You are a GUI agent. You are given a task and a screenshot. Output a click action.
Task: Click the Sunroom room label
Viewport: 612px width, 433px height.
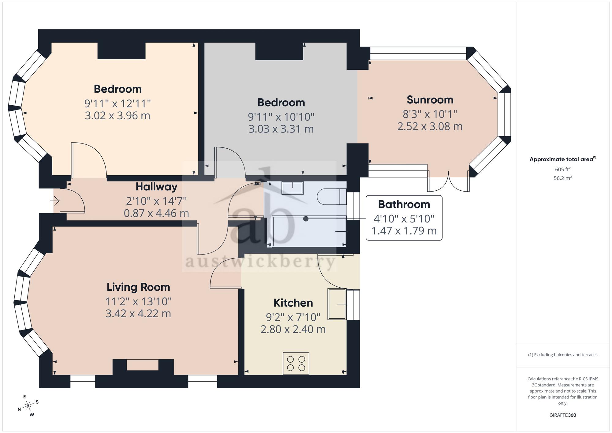coord(430,100)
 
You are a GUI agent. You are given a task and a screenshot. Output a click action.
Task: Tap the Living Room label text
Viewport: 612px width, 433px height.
coord(138,287)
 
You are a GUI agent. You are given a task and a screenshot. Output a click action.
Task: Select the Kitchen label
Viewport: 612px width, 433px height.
coord(293,303)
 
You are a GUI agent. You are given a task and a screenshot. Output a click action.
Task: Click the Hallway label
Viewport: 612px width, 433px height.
coord(156,187)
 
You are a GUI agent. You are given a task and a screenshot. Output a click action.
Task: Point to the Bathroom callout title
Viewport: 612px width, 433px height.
coord(404,204)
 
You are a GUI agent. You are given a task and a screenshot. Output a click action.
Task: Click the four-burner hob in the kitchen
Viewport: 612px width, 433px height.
coord(296,363)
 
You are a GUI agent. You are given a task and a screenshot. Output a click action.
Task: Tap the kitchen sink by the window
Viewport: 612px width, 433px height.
coord(337,304)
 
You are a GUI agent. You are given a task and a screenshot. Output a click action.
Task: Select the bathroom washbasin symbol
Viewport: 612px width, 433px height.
coord(293,188)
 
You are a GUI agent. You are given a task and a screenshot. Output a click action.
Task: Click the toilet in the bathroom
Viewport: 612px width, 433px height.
coord(332,196)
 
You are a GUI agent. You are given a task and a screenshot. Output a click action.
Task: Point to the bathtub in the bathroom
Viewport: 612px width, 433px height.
coord(309,231)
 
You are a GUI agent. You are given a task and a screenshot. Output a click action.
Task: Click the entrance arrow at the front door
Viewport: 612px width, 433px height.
coord(55,201)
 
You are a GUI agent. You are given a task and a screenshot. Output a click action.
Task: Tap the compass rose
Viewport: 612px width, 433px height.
coord(28,406)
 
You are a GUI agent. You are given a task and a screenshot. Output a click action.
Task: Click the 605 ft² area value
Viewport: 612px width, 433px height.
coord(563,169)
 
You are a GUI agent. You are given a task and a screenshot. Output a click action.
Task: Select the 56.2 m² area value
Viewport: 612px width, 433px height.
coord(563,178)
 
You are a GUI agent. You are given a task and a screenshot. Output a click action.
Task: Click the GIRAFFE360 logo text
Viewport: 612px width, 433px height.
coord(563,415)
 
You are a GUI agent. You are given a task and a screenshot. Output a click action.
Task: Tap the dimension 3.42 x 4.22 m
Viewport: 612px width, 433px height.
coord(138,313)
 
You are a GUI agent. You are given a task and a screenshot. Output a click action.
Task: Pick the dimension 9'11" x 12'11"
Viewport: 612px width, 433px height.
coord(118,103)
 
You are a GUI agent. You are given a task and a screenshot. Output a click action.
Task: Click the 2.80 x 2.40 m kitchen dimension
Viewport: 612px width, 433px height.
coord(293,329)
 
